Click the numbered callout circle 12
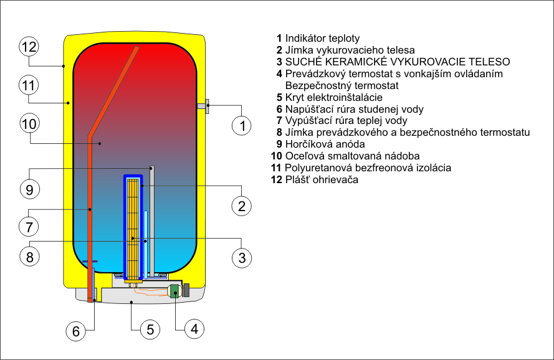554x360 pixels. [x=29, y=47]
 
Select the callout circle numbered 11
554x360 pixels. [x=29, y=85]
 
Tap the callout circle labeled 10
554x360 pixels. [x=29, y=124]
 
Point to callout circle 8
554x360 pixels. [x=29, y=255]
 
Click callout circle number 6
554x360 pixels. [x=76, y=331]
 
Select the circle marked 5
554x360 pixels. [x=150, y=330]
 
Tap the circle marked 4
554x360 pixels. [x=194, y=330]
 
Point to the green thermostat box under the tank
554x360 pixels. [x=174, y=290]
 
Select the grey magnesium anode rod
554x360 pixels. [x=151, y=221]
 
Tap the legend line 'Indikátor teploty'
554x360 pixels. [x=318, y=39]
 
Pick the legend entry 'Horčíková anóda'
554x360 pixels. [x=316, y=144]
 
